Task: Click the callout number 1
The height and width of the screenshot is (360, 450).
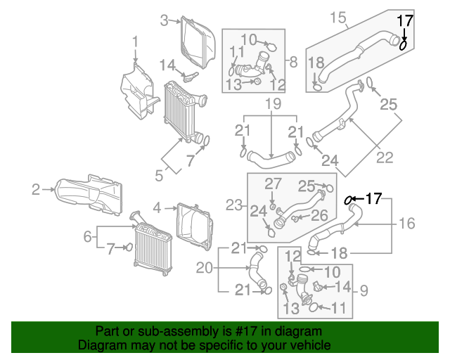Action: [x=135, y=42]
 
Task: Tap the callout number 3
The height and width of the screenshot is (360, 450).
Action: [x=164, y=20]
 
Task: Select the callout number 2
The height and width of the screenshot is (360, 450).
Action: [x=36, y=190]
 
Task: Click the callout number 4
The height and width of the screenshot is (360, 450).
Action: [x=157, y=208]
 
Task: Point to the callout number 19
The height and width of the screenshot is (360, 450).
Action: [x=273, y=104]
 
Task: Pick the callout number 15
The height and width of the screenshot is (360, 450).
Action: [x=338, y=18]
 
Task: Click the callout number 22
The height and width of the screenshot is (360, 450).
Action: [x=385, y=157]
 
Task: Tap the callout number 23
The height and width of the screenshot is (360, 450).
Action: [x=234, y=205]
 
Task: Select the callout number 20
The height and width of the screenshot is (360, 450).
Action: [x=205, y=268]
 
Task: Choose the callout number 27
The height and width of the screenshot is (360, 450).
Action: [x=273, y=184]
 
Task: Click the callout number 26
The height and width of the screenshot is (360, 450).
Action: [x=319, y=215]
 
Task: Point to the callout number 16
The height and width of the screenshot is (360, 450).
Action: [x=407, y=224]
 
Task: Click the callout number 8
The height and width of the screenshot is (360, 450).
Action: [x=293, y=62]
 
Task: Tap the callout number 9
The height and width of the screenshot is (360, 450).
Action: [x=364, y=291]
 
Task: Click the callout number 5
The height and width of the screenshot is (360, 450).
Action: [x=159, y=175]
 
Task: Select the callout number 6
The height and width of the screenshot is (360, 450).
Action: [x=87, y=237]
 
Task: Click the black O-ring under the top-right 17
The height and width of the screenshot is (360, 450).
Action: [x=403, y=45]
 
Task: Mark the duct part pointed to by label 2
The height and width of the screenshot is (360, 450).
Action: [x=89, y=195]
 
